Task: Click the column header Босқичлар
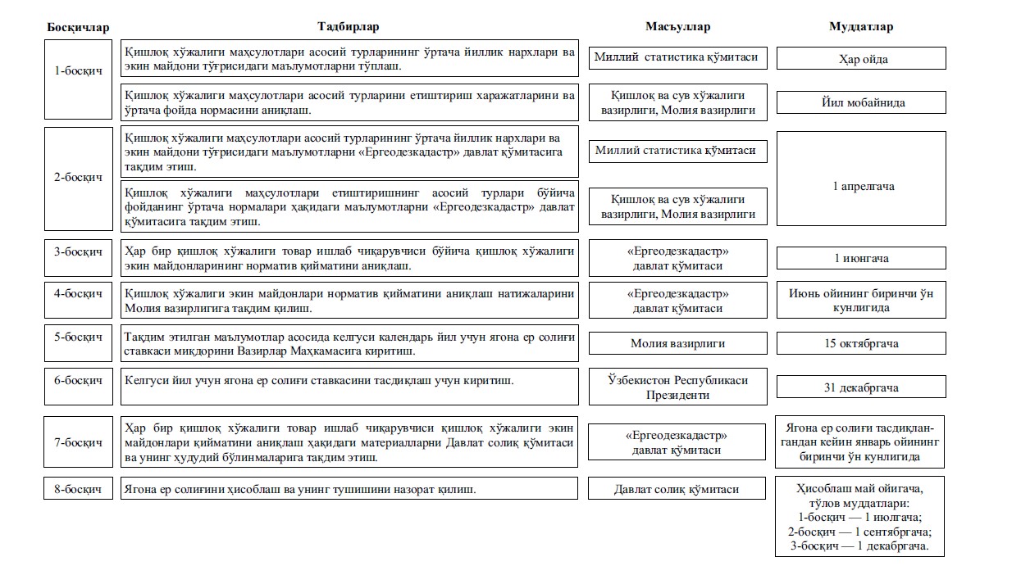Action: click(77, 27)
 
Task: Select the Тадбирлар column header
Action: click(348, 27)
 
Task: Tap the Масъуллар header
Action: click(677, 27)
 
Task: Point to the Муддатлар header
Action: click(861, 27)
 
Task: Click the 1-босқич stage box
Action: click(78, 70)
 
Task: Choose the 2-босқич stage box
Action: click(78, 178)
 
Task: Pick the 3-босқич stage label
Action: click(78, 251)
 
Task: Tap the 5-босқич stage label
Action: click(78, 337)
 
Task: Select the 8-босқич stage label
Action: click(78, 489)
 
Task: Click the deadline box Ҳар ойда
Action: click(861, 59)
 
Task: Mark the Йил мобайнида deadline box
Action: click(861, 103)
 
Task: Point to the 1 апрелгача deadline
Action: click(861, 186)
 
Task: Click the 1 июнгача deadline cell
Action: click(861, 258)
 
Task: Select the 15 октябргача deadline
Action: click(861, 343)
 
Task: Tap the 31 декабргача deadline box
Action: click(861, 387)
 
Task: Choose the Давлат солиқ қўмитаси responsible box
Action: click(677, 489)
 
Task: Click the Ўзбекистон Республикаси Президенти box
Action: click(677, 387)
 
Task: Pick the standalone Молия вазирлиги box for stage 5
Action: click(677, 343)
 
